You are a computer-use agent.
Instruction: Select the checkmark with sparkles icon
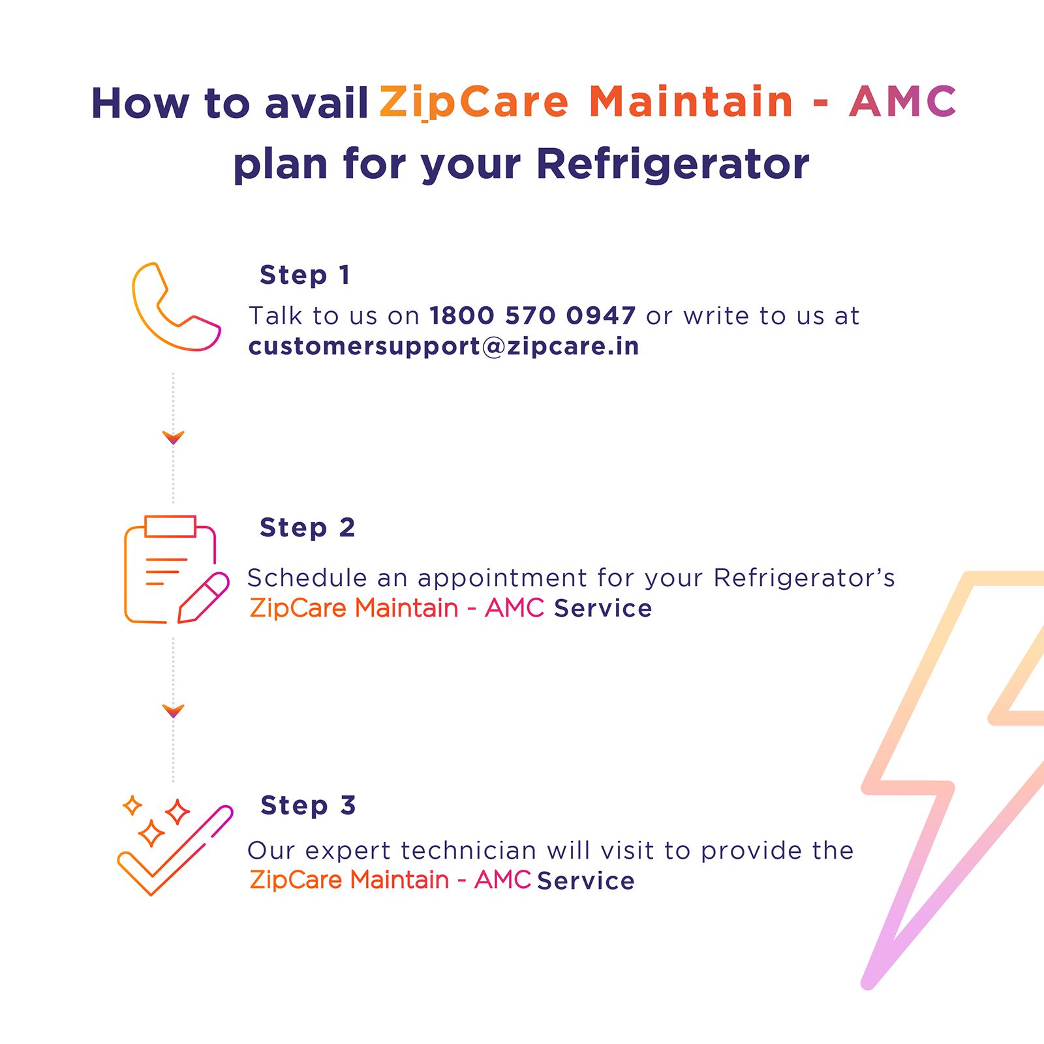(174, 846)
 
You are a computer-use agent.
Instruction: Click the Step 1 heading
(305, 275)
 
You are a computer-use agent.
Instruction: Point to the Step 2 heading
(307, 528)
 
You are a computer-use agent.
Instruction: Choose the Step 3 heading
(307, 806)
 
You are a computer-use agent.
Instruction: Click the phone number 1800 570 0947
(532, 316)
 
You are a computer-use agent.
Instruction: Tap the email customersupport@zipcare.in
(443, 346)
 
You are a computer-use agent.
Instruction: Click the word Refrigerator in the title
(672, 164)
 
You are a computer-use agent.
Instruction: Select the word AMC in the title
(902, 102)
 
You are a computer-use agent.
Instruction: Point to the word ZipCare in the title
(473, 102)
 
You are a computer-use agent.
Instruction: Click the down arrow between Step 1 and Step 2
(174, 437)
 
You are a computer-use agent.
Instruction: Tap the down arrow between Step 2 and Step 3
(174, 711)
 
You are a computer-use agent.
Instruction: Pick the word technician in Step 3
(468, 851)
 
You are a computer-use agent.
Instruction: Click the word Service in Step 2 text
(602, 609)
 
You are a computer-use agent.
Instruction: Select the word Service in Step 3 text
(585, 881)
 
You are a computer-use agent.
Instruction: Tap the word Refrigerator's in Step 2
(803, 578)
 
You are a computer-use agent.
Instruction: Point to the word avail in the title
(316, 104)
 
